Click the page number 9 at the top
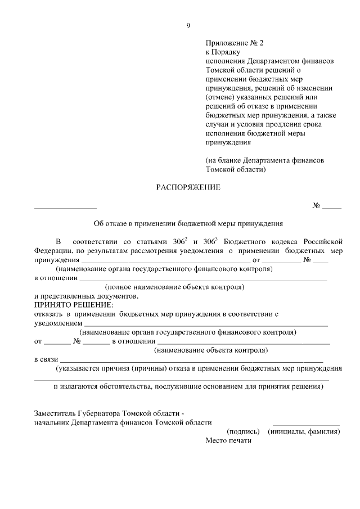[188, 25]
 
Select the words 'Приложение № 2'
[234, 42]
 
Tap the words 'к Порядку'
[224, 51]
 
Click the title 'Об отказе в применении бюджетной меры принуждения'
[188, 223]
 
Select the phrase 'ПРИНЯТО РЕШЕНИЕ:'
[65, 304]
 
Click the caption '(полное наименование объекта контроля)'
[178, 287]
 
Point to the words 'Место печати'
[228, 441]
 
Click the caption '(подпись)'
[243, 432]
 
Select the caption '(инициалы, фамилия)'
[304, 432]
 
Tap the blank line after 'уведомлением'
[206, 326]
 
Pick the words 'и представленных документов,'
[86, 296]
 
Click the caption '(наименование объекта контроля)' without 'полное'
[211, 350]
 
